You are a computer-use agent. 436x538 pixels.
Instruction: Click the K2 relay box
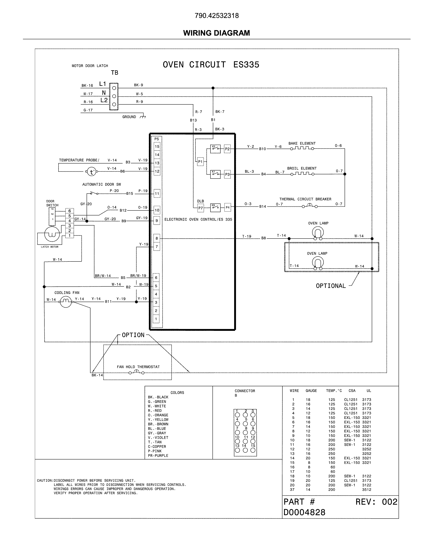(215, 149)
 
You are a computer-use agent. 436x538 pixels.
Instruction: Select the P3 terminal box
(227, 174)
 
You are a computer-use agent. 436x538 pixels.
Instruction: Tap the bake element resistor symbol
(302, 148)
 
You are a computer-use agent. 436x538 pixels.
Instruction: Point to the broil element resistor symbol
(302, 174)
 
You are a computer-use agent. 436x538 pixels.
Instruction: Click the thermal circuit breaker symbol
(310, 206)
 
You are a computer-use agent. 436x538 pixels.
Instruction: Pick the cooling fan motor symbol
(66, 302)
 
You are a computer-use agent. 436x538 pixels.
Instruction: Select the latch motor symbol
(52, 234)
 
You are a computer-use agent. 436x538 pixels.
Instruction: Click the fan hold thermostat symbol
(136, 372)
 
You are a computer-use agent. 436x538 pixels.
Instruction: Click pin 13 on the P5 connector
(157, 163)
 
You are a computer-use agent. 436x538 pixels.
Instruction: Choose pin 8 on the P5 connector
(157, 238)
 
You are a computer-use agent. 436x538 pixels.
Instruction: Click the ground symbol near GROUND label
(143, 117)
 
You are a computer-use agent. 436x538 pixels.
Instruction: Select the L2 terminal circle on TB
(114, 104)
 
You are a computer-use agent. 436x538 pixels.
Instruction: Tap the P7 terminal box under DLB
(200, 208)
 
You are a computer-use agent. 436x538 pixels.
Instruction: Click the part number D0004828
(304, 512)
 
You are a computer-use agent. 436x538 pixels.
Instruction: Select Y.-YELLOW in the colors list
(158, 420)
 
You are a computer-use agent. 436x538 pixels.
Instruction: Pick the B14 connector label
(263, 206)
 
